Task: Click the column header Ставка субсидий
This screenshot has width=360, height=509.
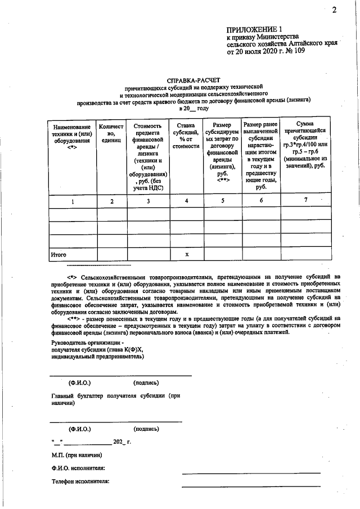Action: coord(186,136)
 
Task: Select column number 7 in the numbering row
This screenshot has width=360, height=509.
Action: coord(306,200)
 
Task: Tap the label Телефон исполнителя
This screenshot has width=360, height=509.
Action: coord(80,481)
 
